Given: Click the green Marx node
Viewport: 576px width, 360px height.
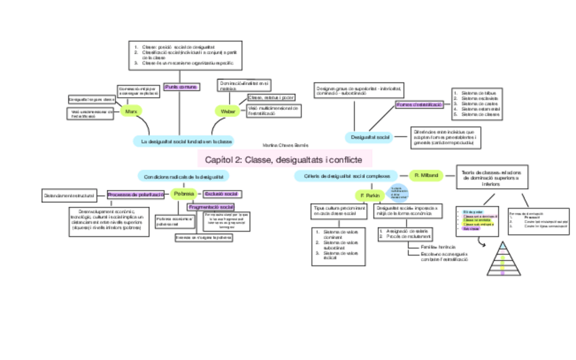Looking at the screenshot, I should [x=130, y=111].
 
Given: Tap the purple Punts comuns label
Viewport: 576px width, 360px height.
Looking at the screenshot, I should [x=181, y=87].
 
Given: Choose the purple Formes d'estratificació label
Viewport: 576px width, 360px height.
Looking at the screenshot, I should [x=419, y=105].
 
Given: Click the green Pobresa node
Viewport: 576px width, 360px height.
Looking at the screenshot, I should [x=183, y=194].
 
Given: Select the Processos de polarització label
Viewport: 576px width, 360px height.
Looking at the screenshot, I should [x=135, y=195].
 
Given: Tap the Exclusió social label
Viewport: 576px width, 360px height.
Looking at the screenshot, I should [x=221, y=194].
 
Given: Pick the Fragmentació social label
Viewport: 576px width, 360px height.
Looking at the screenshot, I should [x=211, y=206].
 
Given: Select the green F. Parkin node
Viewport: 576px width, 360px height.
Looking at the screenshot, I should [x=370, y=196].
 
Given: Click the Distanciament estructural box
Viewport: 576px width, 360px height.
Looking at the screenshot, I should [x=69, y=196].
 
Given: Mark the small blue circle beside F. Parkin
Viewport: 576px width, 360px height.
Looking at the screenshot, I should [x=398, y=192].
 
